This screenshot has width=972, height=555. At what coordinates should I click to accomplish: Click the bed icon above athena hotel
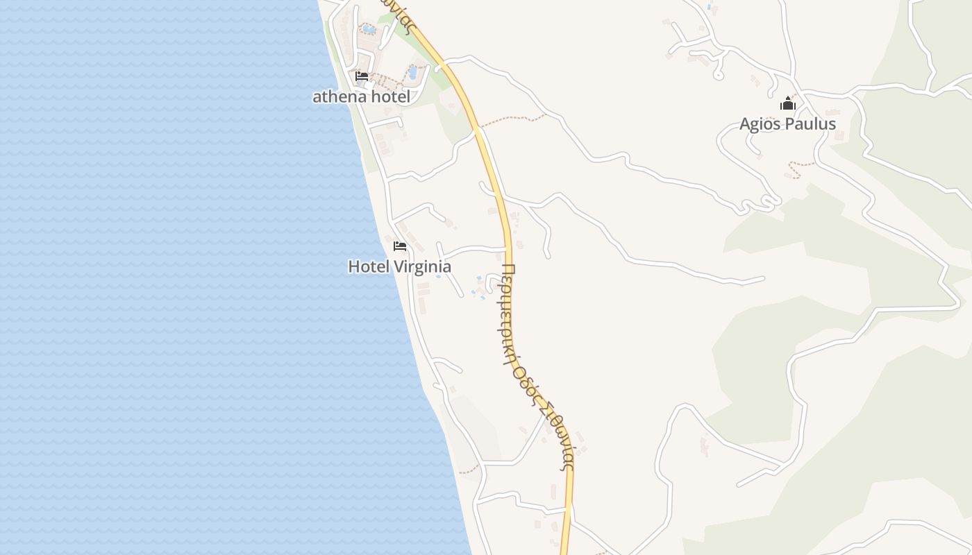(361, 76)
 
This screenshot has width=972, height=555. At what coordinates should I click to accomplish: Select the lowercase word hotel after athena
(390, 96)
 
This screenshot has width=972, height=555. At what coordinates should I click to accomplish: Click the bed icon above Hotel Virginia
(399, 246)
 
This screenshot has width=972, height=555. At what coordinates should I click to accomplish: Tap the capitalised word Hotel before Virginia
(369, 266)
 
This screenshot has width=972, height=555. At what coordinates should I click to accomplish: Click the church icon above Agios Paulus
(787, 104)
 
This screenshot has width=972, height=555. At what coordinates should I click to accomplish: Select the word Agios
(760, 124)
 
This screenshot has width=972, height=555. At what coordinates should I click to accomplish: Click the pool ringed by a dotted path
(368, 29)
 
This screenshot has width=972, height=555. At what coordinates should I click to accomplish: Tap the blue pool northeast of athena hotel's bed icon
(413, 71)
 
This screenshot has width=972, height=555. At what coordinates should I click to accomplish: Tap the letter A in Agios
(745, 124)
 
